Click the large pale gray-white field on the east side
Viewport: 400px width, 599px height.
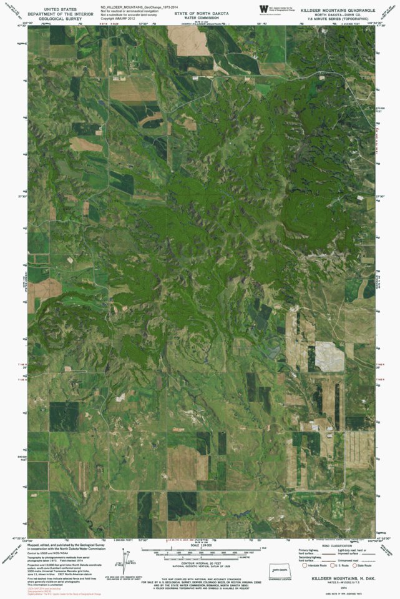(x=329, y=356)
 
